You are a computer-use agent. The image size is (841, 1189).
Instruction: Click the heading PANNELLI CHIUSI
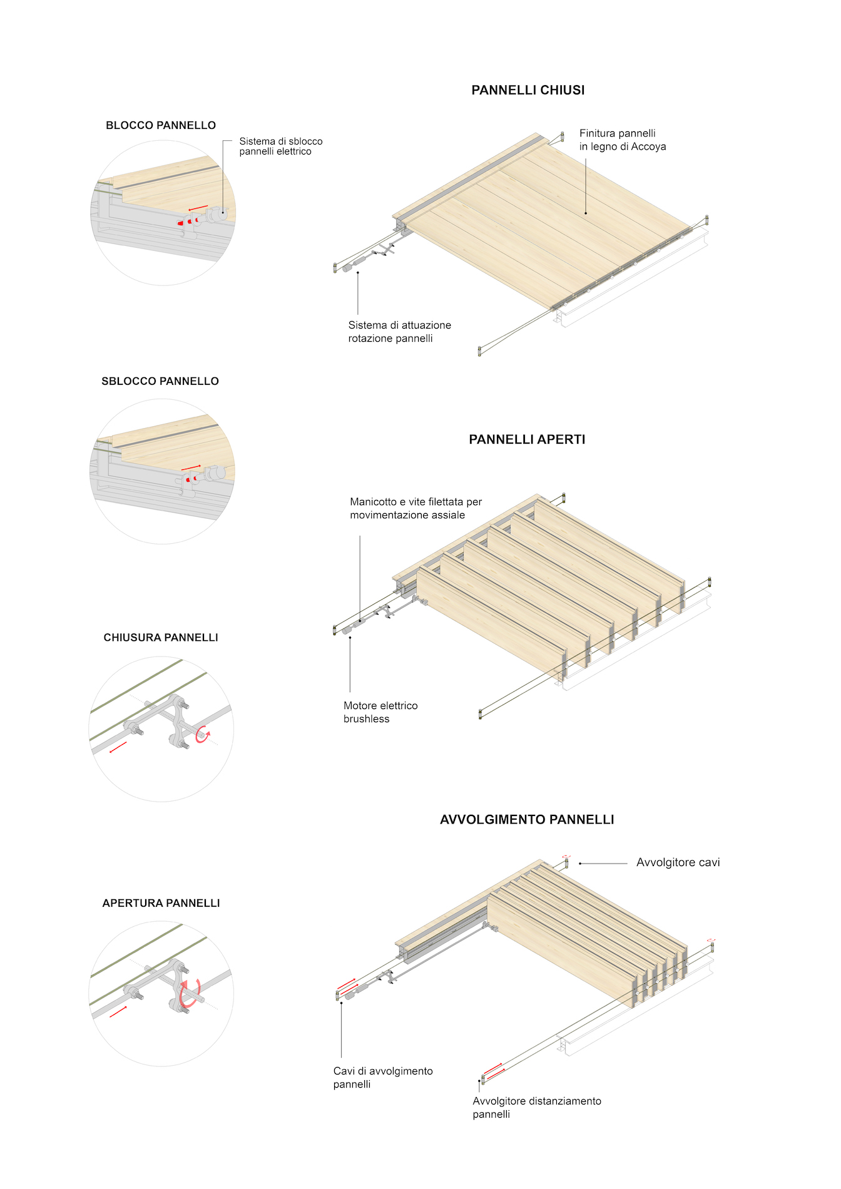pyautogui.click(x=528, y=90)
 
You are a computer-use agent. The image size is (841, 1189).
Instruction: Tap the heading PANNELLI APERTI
pyautogui.click(x=528, y=439)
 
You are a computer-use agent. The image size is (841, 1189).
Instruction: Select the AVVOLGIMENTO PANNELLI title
pyautogui.click(x=528, y=820)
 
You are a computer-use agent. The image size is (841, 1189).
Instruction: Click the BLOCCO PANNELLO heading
pyautogui.click(x=161, y=125)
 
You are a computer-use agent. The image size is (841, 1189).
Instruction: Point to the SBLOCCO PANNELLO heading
pyautogui.click(x=160, y=381)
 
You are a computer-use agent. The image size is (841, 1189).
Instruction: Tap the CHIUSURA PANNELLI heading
pyautogui.click(x=161, y=638)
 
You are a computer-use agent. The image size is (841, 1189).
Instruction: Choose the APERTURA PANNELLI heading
pyautogui.click(x=161, y=903)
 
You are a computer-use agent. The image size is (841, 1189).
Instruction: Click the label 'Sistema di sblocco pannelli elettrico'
pyautogui.click(x=281, y=146)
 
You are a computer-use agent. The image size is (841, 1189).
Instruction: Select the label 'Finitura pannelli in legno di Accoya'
pyautogui.click(x=623, y=140)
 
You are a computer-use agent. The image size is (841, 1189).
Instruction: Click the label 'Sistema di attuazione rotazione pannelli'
pyautogui.click(x=400, y=332)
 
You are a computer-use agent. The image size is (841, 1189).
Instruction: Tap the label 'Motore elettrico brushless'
pyautogui.click(x=380, y=712)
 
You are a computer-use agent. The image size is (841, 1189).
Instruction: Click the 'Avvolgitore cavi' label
pyautogui.click(x=678, y=862)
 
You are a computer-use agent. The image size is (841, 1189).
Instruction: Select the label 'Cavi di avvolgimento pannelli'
pyautogui.click(x=383, y=1078)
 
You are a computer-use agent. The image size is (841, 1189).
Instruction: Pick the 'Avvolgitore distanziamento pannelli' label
pyautogui.click(x=537, y=1108)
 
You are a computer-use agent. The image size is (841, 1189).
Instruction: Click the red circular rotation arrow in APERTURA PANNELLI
pyautogui.click(x=190, y=994)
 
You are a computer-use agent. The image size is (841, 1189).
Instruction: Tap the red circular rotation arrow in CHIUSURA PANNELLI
pyautogui.click(x=202, y=735)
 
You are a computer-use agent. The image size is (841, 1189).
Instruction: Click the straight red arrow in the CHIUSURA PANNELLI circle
pyautogui.click(x=118, y=747)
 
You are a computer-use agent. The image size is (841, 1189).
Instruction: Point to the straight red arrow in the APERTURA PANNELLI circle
pyautogui.click(x=118, y=1011)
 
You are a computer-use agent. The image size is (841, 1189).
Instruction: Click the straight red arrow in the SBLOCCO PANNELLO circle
pyautogui.click(x=191, y=467)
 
